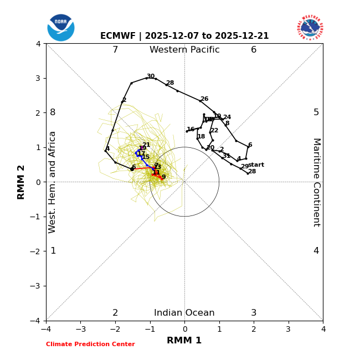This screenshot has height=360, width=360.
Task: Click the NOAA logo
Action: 61,28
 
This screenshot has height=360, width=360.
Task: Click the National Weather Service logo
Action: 310,27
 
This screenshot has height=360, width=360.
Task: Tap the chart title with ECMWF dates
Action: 184,36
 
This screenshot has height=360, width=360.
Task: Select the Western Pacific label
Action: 184,50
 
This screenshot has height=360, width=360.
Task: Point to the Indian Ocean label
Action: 184,313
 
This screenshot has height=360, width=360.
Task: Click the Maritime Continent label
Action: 316,182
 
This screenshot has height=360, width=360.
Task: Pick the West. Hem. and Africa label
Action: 53,182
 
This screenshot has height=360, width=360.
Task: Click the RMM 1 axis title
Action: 184,341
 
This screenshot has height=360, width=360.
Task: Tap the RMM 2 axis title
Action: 22,182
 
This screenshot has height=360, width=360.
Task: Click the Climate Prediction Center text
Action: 90,344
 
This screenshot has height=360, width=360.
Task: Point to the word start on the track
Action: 256,165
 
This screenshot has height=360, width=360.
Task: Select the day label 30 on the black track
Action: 151,76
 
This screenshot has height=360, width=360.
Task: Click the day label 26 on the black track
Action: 204,99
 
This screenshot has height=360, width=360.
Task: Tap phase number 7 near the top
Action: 115,50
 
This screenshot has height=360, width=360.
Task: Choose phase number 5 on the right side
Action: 316,112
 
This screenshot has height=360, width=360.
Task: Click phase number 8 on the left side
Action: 53,112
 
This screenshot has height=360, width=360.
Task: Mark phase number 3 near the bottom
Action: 254,313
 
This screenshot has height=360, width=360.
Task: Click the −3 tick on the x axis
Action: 80,330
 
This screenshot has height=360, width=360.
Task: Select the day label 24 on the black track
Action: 227,117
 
